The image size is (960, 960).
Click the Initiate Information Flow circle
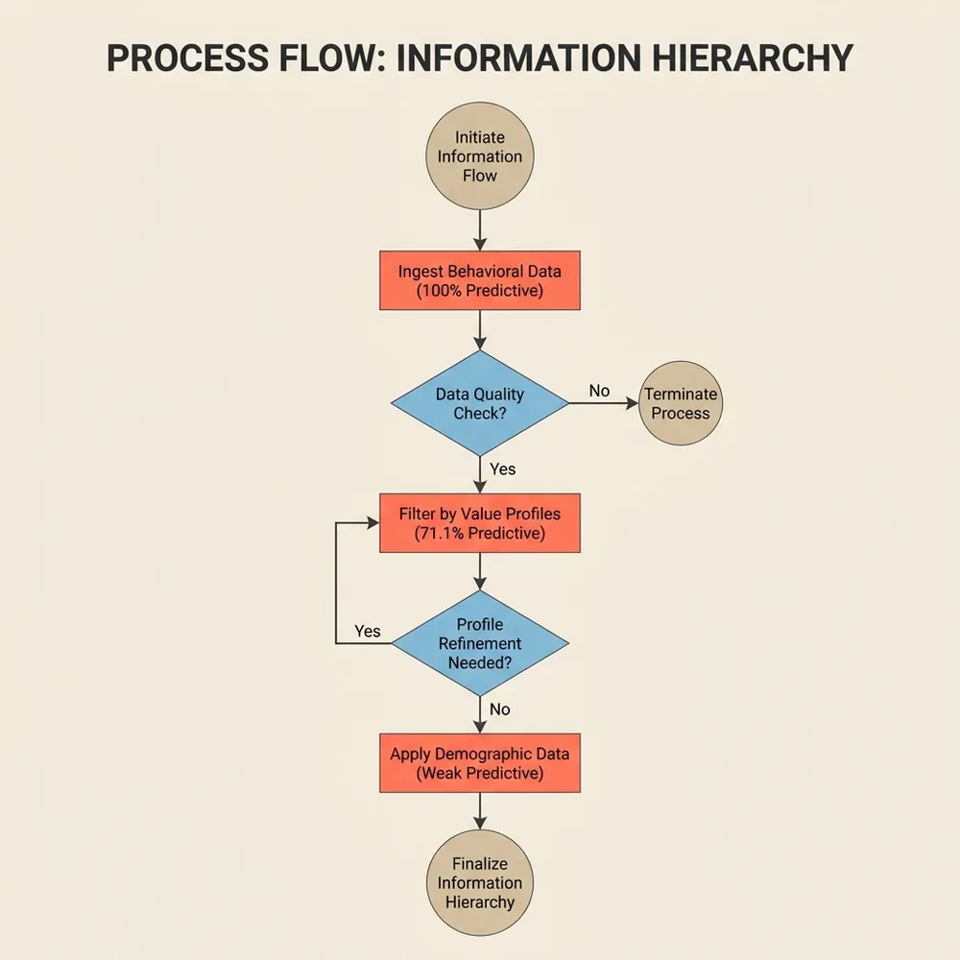coord(479,156)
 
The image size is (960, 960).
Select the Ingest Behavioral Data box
coord(479,280)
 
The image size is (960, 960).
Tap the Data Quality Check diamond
coord(479,403)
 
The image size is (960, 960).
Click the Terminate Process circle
coord(681,403)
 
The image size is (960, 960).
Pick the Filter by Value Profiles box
coord(479,523)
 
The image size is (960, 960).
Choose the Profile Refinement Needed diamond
coord(479,643)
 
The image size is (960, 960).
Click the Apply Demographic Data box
coord(479,763)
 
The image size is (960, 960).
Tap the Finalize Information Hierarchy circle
coord(479,883)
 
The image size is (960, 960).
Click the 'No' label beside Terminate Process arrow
coord(599,391)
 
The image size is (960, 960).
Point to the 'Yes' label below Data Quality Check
coord(502,468)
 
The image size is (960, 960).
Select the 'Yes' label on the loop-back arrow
coord(367,631)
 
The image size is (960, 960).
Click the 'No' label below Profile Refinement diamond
coord(499,709)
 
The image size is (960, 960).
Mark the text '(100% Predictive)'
coord(479,290)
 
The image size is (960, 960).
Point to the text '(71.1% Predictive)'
coord(479,533)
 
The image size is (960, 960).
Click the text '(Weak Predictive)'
coord(479,773)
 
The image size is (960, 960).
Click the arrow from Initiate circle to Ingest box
coord(479,230)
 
